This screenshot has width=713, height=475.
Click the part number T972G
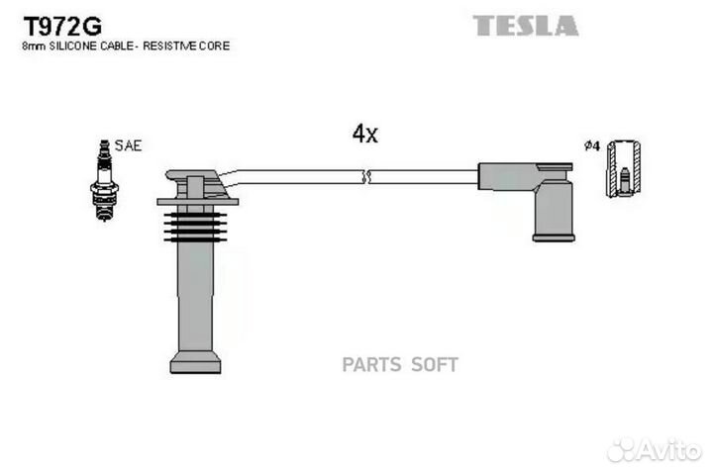pos(62,27)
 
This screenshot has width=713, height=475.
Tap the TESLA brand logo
pos(526,26)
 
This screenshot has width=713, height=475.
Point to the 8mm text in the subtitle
pos(34,47)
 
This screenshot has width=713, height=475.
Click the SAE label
pos(128,145)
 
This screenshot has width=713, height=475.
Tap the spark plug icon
pos(105,180)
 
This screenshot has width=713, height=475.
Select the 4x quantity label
pos(365,134)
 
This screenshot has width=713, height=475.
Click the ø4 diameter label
pos(592,145)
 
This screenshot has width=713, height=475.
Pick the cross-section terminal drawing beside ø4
pos(624,168)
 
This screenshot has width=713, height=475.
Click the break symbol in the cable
pos(366,177)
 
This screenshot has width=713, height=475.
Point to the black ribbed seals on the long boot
pos(195,228)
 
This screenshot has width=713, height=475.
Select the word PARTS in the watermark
pos(372,365)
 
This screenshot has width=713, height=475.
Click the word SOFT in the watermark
pos(435,365)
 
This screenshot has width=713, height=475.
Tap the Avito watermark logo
pos(654,450)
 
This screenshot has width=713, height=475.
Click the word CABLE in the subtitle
pos(117,46)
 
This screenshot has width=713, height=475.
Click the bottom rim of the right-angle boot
pos(554,237)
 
